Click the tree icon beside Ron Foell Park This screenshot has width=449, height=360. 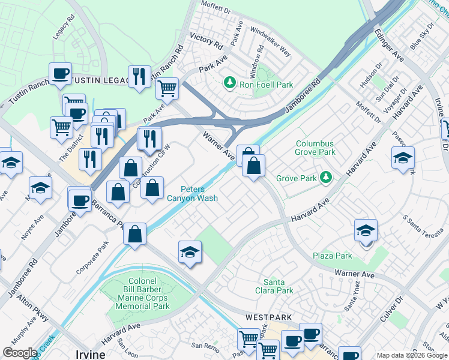[229, 82]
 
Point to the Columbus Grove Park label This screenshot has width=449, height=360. [316, 148]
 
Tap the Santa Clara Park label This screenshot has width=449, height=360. [279, 286]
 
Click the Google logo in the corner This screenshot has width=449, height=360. [20, 353]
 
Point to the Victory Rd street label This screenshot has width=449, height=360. [206, 41]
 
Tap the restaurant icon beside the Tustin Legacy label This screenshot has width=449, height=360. [139, 76]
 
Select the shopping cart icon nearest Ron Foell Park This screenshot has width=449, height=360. [167, 88]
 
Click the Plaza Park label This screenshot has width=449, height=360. [333, 256]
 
